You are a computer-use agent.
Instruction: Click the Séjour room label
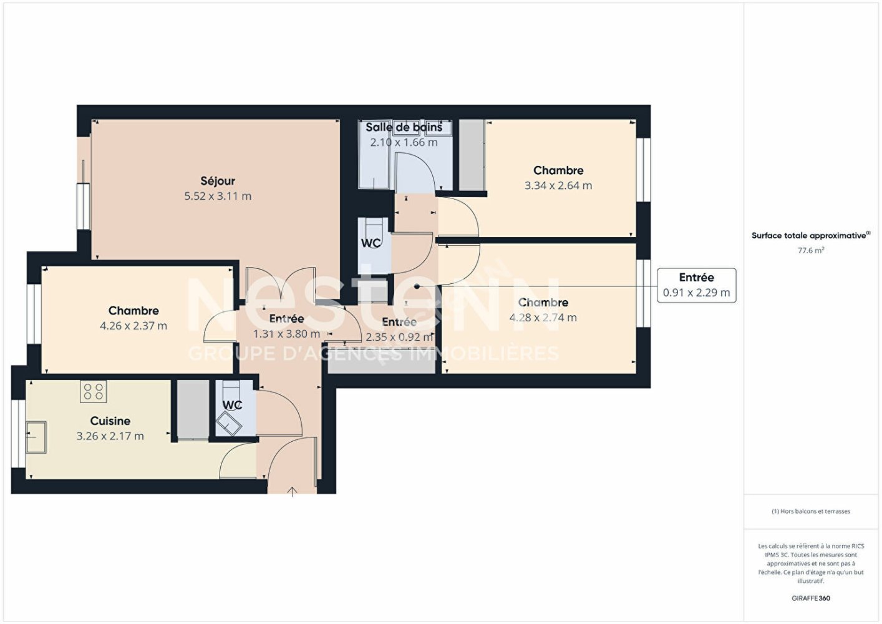[218, 181]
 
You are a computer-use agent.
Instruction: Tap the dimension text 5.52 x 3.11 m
[218, 196]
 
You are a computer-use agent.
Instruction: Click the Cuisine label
[110, 421]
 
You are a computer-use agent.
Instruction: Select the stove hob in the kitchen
[94, 391]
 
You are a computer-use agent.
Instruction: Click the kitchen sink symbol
[36, 437]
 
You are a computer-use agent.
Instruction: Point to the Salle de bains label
[404, 127]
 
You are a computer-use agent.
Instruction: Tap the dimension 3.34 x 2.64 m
[558, 185]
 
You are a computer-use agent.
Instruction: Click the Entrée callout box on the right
[696, 285]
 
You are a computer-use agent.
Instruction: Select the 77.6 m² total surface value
[810, 250]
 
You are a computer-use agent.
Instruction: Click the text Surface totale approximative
[809, 235]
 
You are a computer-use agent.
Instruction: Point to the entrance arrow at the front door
[293, 492]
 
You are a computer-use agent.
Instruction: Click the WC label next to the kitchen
[232, 405]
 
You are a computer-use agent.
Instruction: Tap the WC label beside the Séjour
[371, 243]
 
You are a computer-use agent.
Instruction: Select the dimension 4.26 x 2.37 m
[133, 326]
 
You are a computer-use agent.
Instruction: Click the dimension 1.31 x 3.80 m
[286, 334]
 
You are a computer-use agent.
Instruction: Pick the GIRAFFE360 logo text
[810, 598]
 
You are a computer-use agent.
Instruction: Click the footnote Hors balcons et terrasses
[810, 511]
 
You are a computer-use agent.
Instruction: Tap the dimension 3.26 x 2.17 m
[110, 436]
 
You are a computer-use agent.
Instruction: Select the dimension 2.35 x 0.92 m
[399, 337]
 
